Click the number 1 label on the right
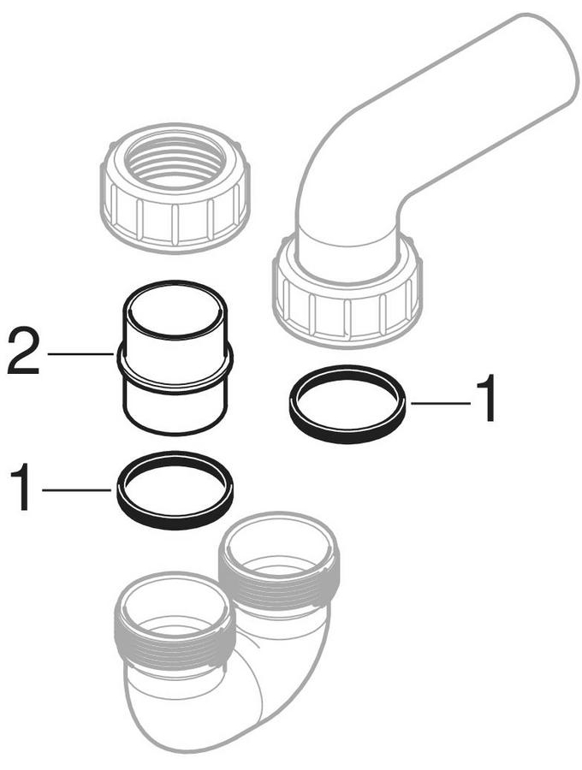(483, 398)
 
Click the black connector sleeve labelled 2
(175, 358)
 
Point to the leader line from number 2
(80, 353)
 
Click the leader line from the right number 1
(441, 403)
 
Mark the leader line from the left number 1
(77, 489)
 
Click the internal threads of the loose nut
(175, 162)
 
